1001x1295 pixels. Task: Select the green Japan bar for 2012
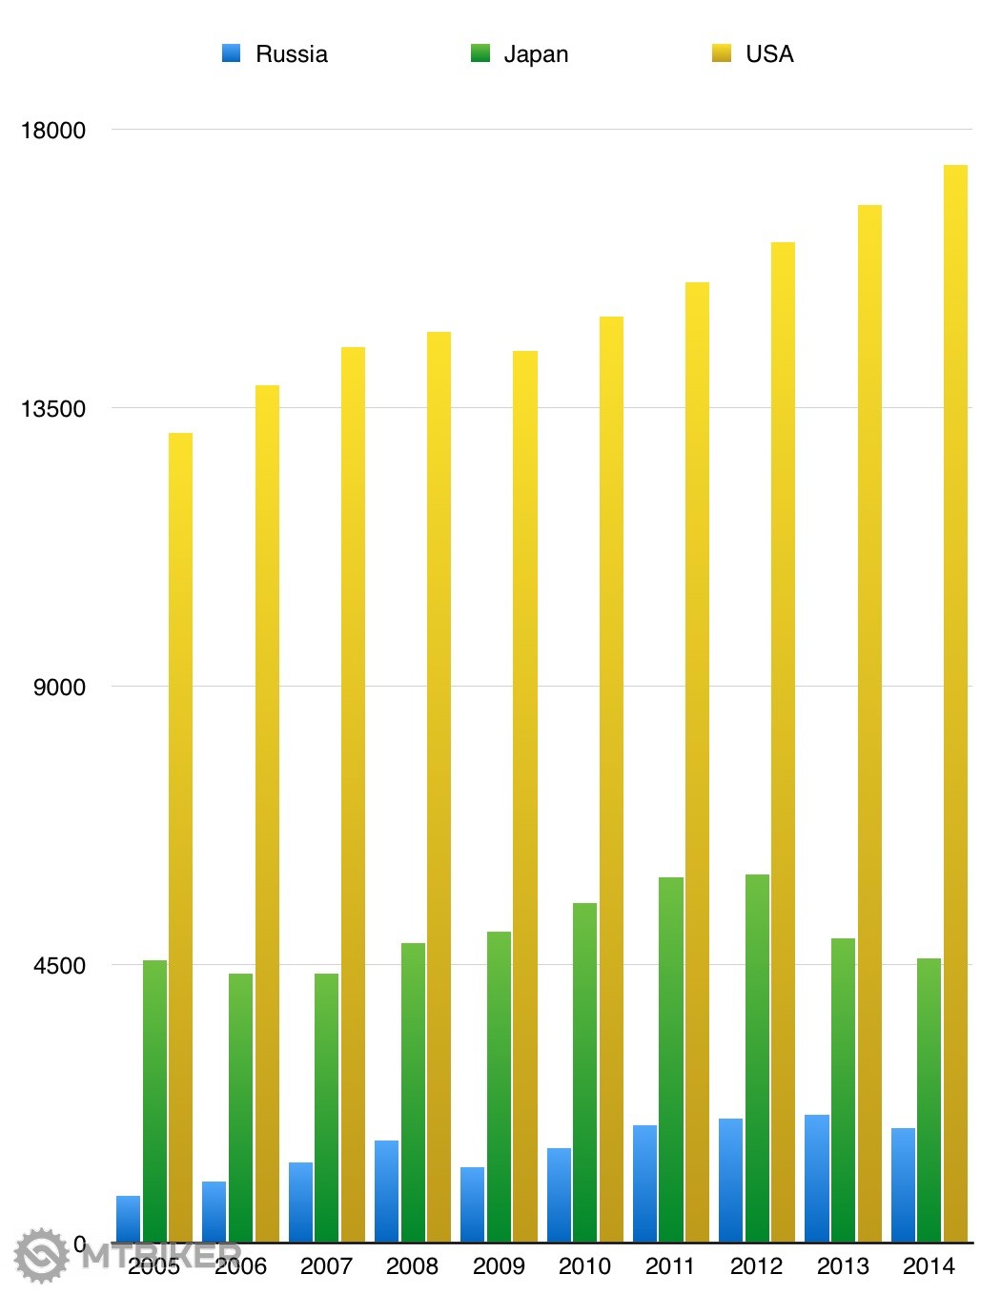click(757, 1059)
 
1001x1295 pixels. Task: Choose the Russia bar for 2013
click(817, 1179)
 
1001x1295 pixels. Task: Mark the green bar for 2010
click(584, 1073)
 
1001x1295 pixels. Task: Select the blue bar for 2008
click(386, 1191)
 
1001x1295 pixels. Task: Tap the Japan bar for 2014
click(929, 1100)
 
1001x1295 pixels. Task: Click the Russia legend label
click(292, 54)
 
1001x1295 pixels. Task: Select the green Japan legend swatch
click(480, 53)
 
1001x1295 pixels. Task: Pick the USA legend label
click(769, 54)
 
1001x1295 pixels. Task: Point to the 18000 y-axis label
click(53, 131)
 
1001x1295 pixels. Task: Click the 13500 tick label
click(53, 409)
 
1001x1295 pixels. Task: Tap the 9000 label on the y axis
click(59, 688)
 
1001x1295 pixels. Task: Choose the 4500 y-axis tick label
click(59, 966)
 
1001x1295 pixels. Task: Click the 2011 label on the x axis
click(670, 1266)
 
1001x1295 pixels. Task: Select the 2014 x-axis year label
click(929, 1266)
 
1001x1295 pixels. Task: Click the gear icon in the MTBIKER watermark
click(41, 1255)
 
